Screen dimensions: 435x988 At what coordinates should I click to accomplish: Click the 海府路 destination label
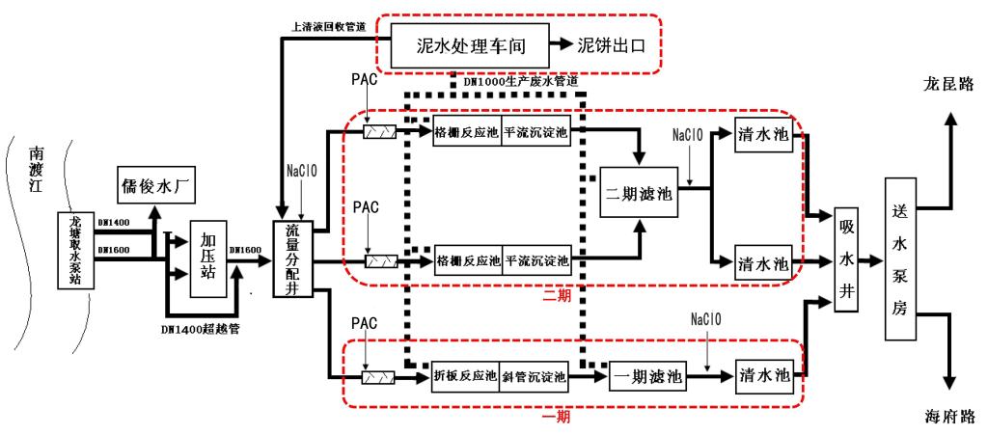tap(947, 417)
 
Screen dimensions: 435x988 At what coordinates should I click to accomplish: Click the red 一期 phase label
tap(557, 417)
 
